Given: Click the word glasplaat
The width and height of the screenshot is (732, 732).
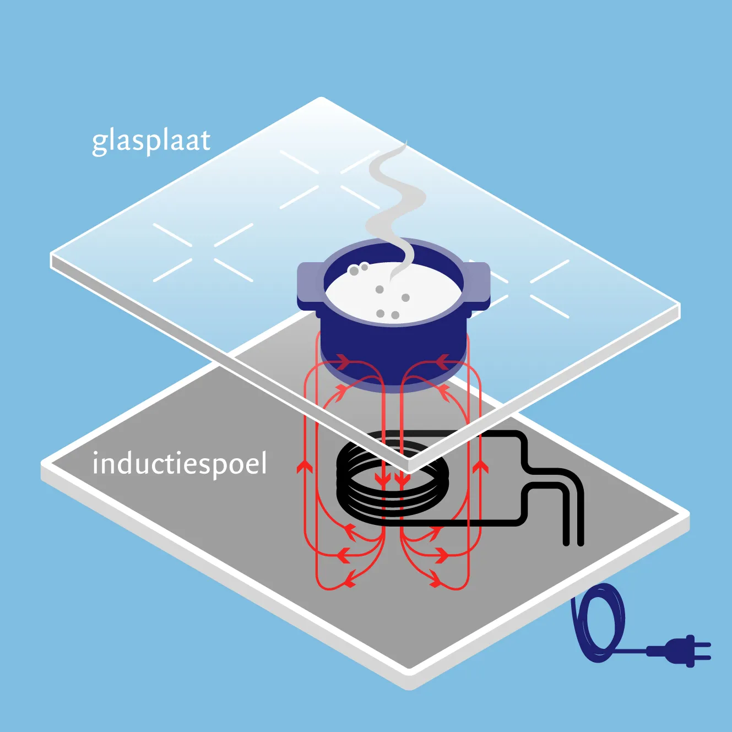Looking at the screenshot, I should (x=151, y=141).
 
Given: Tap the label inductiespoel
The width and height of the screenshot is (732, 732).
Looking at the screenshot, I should (x=179, y=464).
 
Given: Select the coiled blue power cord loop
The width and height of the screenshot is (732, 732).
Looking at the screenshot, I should (x=599, y=622).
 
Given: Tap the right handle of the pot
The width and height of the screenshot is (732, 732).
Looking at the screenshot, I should (x=479, y=282).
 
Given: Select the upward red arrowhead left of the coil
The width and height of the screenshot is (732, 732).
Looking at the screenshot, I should (x=305, y=467).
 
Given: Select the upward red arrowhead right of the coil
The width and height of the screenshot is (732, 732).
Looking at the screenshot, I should (x=481, y=467).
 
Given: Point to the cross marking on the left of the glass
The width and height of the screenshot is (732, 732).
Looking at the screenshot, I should (x=203, y=252).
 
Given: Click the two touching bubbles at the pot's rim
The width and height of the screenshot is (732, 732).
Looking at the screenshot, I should (x=358, y=269).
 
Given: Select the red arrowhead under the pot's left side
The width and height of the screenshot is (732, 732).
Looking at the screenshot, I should (x=341, y=362).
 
